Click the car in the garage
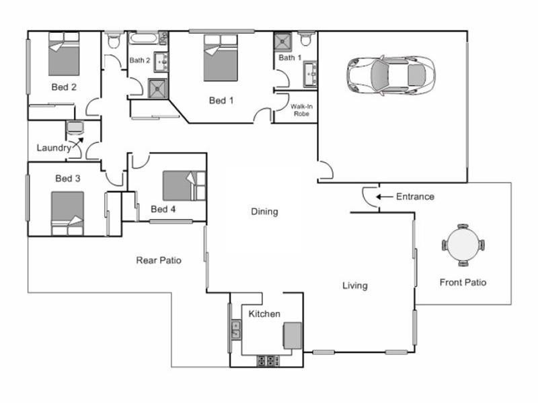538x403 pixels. pos(390,74)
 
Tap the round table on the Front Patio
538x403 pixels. pos(463,245)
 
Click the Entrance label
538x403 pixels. pos(415,197)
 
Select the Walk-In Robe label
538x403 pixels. pos(299,110)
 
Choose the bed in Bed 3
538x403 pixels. pos(67,213)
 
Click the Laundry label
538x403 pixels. pos(53,148)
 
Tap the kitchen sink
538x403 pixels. pos(236,329)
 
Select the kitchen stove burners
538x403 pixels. pos(268,361)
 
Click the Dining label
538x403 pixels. pos(264,212)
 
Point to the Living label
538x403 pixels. pos(354,285)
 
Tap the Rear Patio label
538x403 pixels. pos(159,260)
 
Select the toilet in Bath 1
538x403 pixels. pos(306,39)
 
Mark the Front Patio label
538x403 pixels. pos(462,282)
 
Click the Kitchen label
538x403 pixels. pos(264,314)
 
